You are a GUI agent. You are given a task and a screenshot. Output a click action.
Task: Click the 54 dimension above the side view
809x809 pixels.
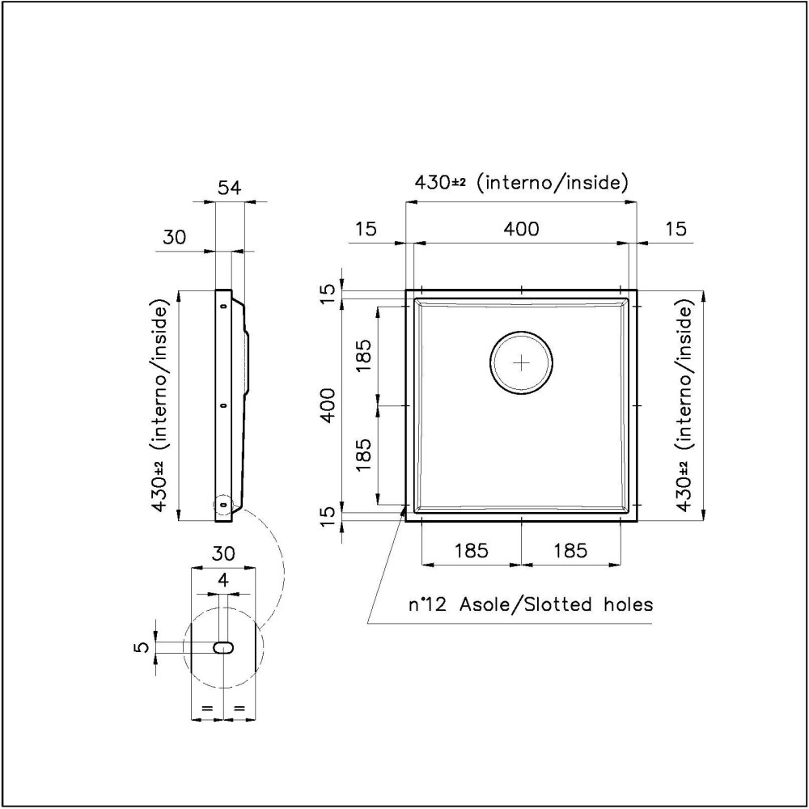click(x=230, y=188)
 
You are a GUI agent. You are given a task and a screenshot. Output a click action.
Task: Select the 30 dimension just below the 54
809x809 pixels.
click(x=175, y=237)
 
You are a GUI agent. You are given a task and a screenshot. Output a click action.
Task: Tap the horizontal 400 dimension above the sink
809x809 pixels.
click(x=521, y=229)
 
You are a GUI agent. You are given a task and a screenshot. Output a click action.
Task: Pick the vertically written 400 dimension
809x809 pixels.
click(x=328, y=404)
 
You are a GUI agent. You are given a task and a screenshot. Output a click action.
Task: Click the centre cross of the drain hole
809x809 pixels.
click(x=522, y=363)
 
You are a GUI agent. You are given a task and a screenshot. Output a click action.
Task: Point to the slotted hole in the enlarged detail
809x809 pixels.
click(x=222, y=647)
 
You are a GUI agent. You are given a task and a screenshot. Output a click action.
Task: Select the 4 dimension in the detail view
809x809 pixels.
click(x=223, y=580)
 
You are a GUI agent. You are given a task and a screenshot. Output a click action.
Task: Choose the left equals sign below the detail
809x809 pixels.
click(x=206, y=709)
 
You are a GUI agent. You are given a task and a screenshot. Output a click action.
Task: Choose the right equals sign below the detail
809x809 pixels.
click(x=239, y=709)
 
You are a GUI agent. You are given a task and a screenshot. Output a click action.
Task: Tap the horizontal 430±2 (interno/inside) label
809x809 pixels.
click(x=521, y=183)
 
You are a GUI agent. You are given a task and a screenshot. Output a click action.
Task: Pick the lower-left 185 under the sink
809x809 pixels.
click(x=471, y=551)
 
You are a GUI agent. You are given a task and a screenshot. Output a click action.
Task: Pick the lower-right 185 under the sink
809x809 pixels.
click(x=570, y=551)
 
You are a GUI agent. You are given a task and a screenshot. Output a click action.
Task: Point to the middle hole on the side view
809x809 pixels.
click(x=222, y=404)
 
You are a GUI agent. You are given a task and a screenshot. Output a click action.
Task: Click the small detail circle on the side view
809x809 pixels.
click(x=222, y=505)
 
